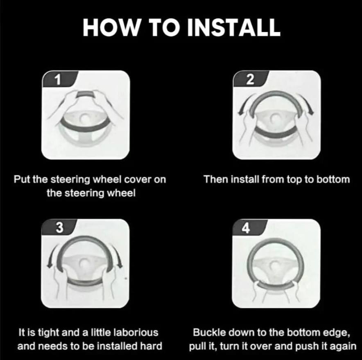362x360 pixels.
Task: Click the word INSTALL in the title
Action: tap(234, 27)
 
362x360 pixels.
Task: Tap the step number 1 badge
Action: tap(59, 79)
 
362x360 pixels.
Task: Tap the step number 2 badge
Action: tap(251, 79)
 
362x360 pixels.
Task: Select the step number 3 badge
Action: tap(59, 227)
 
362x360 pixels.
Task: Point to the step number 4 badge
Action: tap(250, 227)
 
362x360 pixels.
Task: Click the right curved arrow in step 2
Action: tap(307, 104)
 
